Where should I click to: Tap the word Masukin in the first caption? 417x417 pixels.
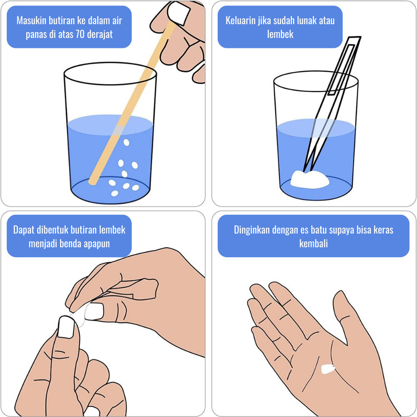31,20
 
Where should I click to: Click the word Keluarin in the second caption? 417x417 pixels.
241,20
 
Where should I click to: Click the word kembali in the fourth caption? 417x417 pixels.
313,244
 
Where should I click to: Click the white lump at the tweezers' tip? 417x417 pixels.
309,179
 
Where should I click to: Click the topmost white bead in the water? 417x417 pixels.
126,143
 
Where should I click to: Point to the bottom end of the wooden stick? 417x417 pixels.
92,182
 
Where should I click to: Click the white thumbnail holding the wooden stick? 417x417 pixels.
179,13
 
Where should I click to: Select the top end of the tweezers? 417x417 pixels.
354,38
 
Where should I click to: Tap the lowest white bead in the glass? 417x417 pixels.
115,193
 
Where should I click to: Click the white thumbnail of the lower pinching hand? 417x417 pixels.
66,327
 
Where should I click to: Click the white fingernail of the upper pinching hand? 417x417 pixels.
93,311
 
